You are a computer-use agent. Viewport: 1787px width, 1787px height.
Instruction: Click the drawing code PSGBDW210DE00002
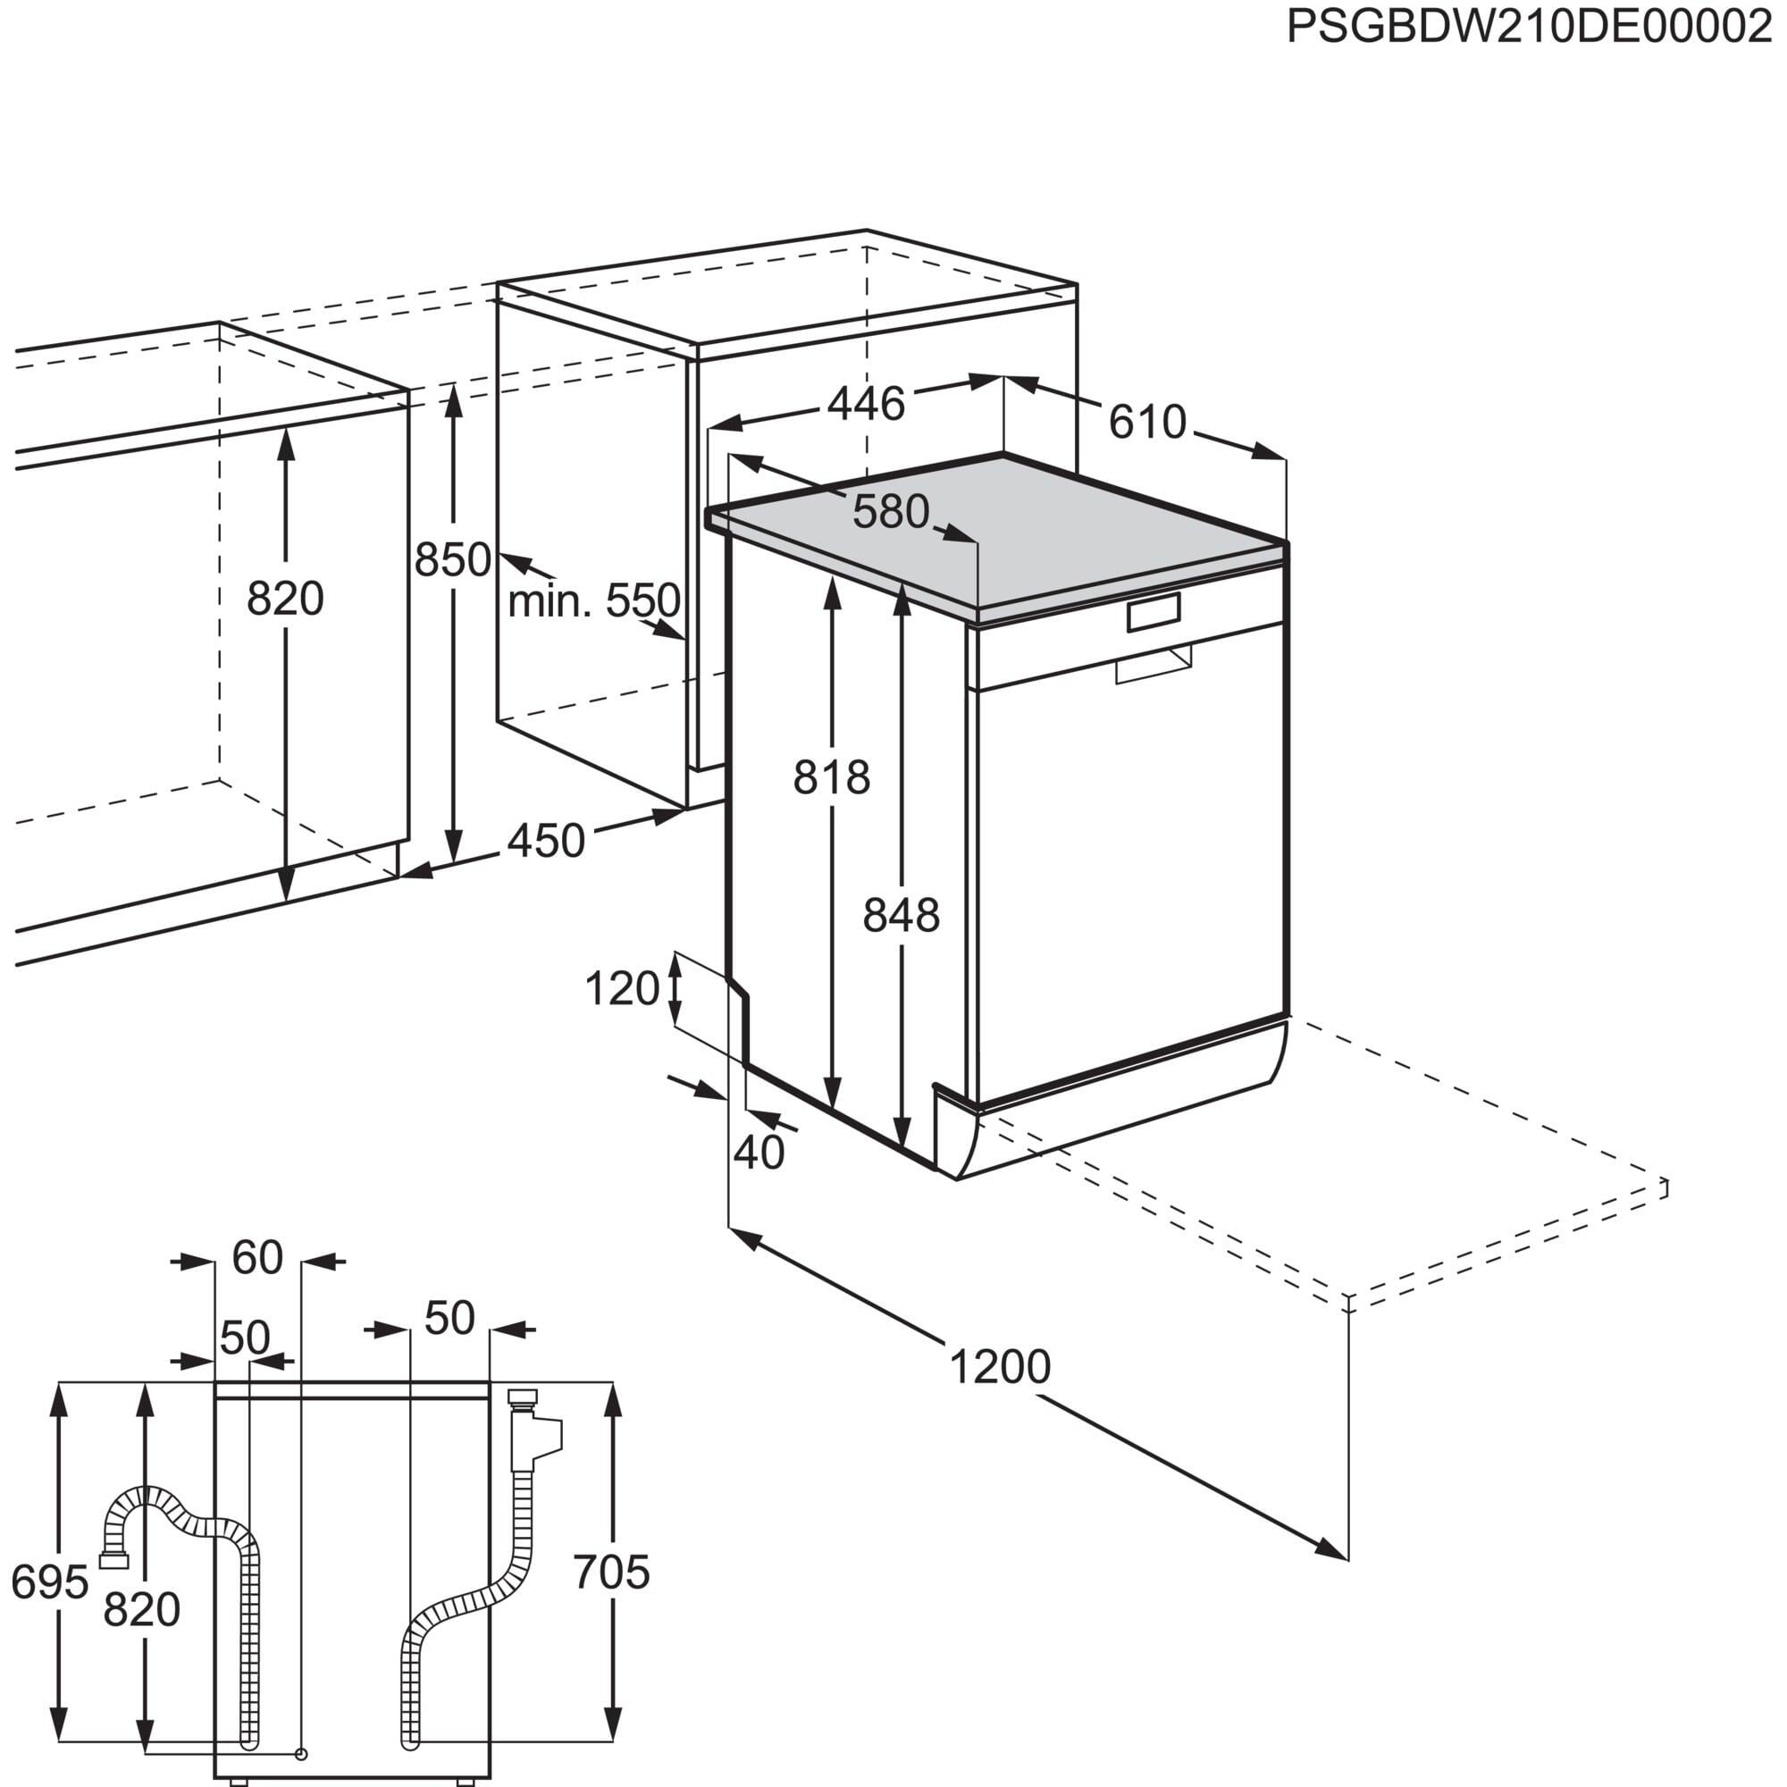(1529, 28)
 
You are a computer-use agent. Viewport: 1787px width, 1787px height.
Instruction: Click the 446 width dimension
(866, 404)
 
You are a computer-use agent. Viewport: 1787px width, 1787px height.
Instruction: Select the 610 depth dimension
(1147, 423)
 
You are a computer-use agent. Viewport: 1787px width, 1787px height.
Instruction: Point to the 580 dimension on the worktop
(890, 511)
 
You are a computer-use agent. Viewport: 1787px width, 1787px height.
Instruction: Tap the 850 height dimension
(451, 560)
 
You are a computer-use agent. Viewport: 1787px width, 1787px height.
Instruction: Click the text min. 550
(594, 602)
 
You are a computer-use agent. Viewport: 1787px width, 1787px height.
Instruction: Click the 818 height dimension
(831, 778)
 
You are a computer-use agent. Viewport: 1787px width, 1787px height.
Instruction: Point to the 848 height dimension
(900, 917)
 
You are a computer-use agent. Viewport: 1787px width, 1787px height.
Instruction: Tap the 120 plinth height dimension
(622, 990)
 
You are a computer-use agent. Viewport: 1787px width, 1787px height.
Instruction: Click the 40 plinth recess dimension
(759, 1154)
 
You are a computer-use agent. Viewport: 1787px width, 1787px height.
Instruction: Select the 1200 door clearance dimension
(1000, 1367)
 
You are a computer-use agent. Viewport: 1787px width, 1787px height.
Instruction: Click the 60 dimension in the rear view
(256, 1258)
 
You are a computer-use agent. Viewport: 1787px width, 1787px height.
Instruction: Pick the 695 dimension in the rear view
(49, 1582)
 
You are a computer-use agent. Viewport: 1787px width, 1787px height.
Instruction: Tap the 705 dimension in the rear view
(611, 1573)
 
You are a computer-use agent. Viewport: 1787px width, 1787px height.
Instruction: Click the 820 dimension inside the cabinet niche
(285, 600)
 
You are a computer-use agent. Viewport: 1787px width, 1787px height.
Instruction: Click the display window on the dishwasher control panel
(1154, 612)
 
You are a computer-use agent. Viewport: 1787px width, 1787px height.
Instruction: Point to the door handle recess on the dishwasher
(1154, 664)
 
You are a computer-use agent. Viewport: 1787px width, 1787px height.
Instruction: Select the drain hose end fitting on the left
(113, 1561)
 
